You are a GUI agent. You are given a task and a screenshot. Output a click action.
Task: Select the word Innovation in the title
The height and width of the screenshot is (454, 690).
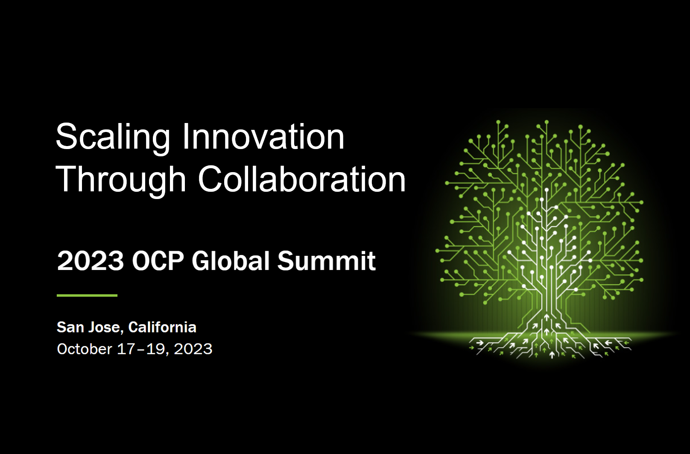point(263,136)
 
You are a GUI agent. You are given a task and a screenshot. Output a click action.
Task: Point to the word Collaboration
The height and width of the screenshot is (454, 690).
point(302,179)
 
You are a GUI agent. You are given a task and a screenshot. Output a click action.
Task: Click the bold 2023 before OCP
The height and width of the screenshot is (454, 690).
point(91,261)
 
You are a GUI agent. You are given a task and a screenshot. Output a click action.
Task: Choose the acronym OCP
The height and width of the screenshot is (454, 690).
point(158,261)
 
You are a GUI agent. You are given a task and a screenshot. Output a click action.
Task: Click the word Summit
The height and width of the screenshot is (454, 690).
point(327,261)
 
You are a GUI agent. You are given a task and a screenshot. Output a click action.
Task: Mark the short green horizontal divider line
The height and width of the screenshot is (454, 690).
point(87,295)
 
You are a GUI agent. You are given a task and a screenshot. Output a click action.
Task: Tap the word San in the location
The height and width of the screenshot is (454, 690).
point(70,327)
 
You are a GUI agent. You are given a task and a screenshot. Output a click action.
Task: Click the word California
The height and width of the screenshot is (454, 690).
point(162,327)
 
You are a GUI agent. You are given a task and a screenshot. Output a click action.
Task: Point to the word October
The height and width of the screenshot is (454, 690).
point(85,349)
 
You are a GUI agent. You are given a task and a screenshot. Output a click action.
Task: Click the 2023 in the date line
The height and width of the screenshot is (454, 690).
point(193,349)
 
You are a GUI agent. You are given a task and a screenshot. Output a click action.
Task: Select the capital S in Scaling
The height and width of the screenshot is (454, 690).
point(66,136)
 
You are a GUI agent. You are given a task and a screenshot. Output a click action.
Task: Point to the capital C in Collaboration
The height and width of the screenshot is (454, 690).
point(211,179)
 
